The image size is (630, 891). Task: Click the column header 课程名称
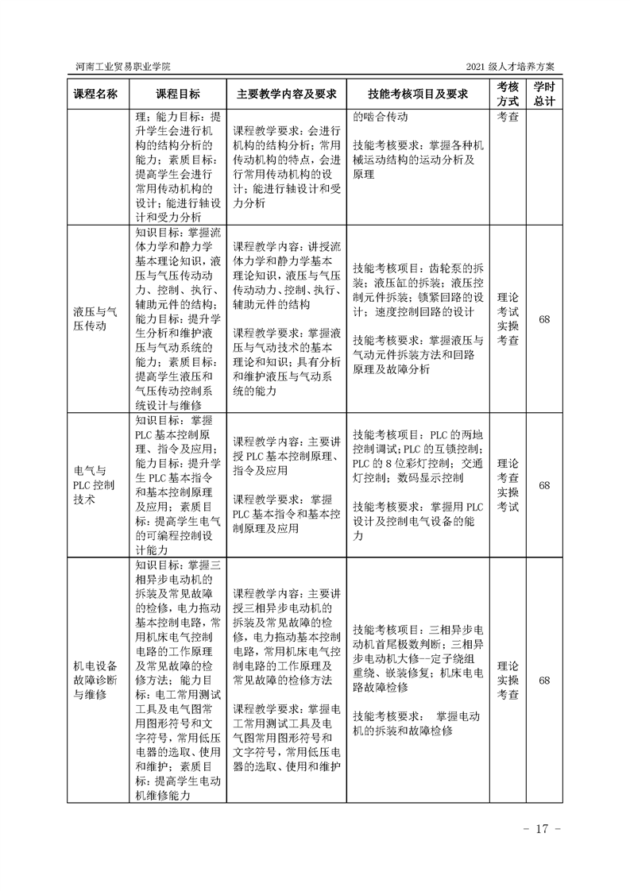click(x=95, y=94)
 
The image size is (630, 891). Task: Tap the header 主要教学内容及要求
click(x=284, y=94)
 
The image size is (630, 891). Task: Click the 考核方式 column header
click(x=508, y=94)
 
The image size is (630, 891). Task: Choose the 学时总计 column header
click(x=544, y=94)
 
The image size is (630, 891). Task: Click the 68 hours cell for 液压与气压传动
click(x=544, y=318)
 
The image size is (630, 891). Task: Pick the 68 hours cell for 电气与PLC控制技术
click(x=544, y=484)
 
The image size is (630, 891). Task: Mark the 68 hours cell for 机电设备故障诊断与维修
click(x=544, y=681)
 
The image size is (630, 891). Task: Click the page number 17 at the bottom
click(x=543, y=829)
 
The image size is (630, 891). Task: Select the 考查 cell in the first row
click(x=508, y=116)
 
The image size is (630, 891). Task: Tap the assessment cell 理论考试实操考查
click(x=508, y=318)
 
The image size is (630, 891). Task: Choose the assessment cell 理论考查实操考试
click(x=508, y=484)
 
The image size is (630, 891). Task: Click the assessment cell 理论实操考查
click(x=508, y=681)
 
